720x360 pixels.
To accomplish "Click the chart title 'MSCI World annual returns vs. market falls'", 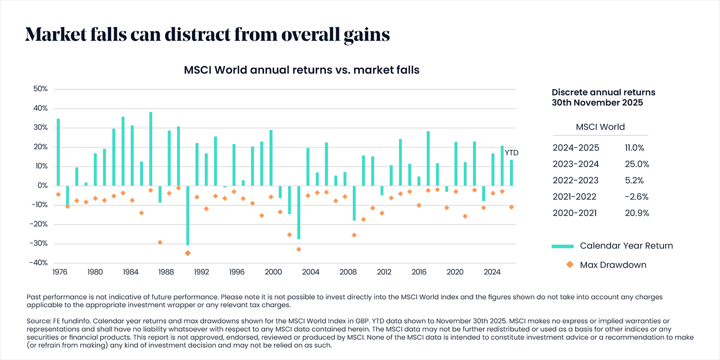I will pos(302,70).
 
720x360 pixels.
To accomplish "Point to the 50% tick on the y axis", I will pos(40,89).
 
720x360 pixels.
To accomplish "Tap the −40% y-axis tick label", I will pos(38,263).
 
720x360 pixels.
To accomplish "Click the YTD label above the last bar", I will pos(512,153).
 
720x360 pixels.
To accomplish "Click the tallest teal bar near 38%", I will pos(151,149).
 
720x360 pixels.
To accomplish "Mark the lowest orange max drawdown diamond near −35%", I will pos(188,253).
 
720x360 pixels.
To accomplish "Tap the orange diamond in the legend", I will pos(570,264).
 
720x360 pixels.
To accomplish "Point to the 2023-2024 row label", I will pos(576,164).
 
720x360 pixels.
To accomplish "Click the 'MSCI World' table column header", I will pos(600,127).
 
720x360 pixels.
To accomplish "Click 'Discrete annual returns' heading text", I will pos(603,92).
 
